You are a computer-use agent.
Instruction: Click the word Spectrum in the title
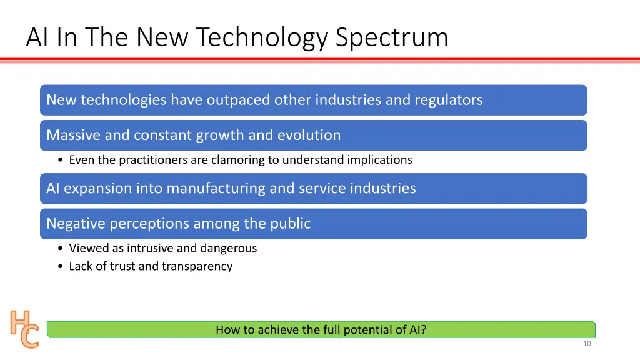click(392, 37)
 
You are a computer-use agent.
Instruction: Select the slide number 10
click(586, 344)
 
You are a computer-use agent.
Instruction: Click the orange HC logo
click(24, 329)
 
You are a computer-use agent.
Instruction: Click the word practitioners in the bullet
click(153, 160)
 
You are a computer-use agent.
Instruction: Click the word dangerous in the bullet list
click(229, 248)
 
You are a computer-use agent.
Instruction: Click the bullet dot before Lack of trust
click(59, 267)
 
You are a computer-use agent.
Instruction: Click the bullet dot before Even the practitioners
click(59, 161)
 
